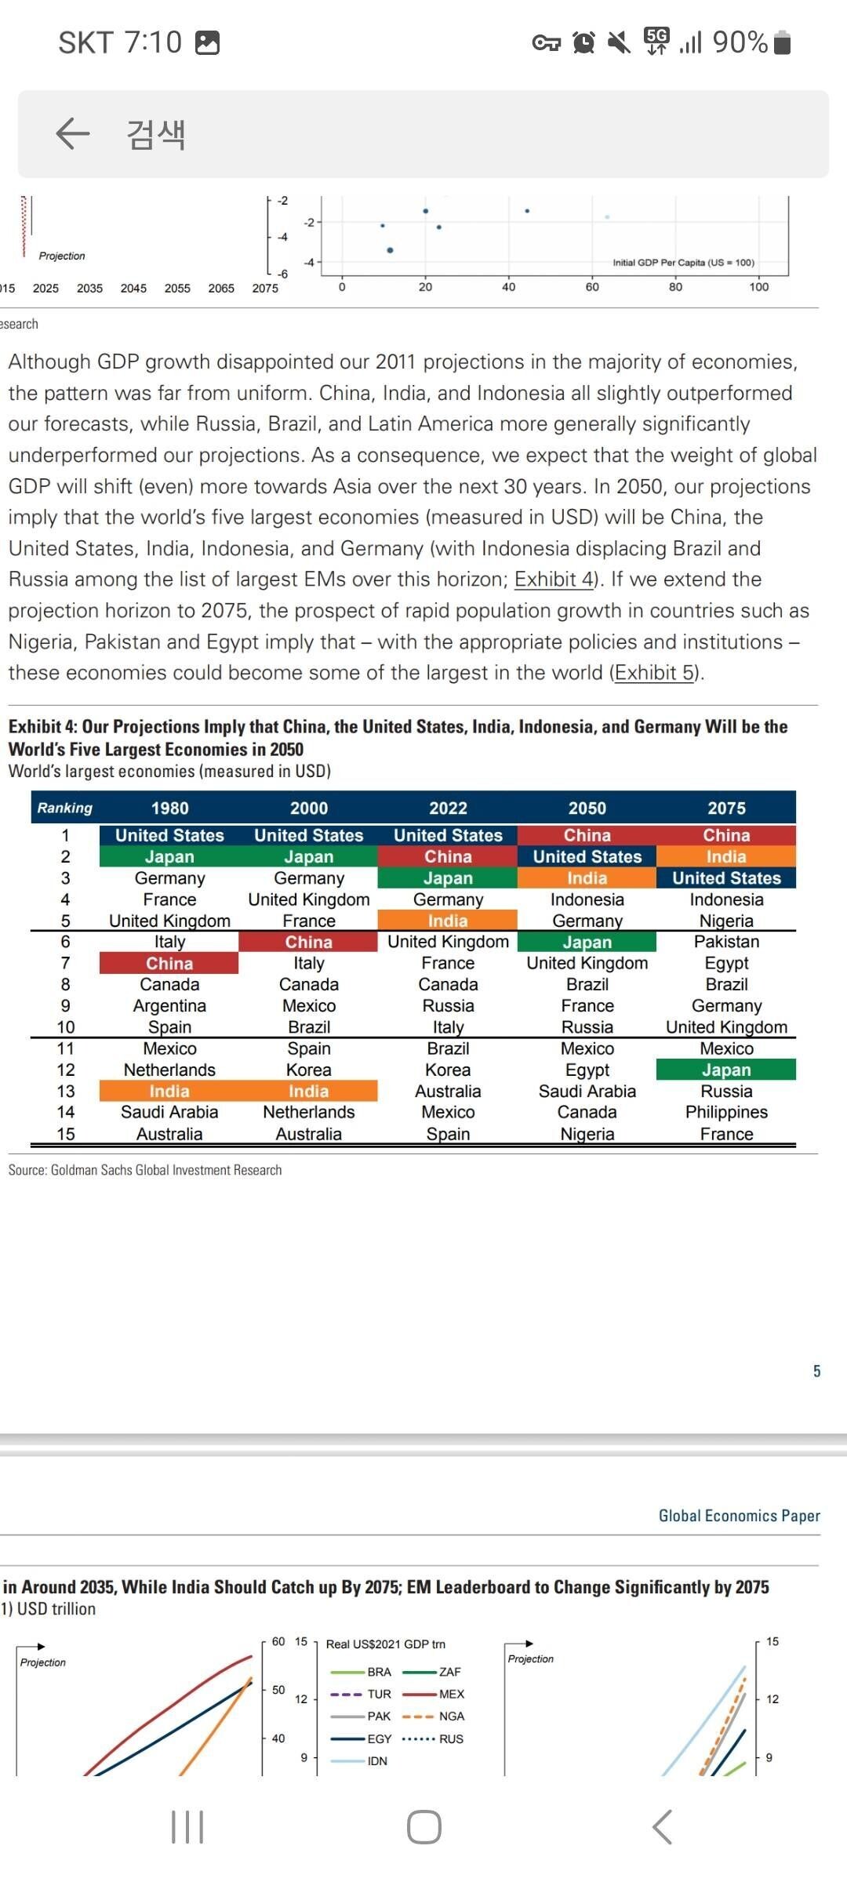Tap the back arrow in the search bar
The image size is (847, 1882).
73,133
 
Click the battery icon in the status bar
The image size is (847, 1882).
782,42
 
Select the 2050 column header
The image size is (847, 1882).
587,808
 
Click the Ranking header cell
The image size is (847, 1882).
65,808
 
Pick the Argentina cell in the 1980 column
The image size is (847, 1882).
169,1005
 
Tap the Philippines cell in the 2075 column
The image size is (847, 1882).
726,1112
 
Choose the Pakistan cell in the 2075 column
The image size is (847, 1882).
726,942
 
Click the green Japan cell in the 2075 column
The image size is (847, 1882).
726,1070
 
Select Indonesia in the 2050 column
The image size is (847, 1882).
587,899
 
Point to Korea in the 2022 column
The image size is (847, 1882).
448,1070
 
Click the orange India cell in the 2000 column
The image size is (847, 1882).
308,1091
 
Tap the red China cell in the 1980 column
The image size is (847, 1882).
169,963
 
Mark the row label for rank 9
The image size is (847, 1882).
65,1005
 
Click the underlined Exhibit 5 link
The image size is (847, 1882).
655,673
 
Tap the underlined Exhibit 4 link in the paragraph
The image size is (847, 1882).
554,579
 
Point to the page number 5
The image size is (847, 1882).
816,1371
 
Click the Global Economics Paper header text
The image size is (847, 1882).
739,1516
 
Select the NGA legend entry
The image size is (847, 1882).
450,1716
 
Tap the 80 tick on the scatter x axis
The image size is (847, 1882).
675,287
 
